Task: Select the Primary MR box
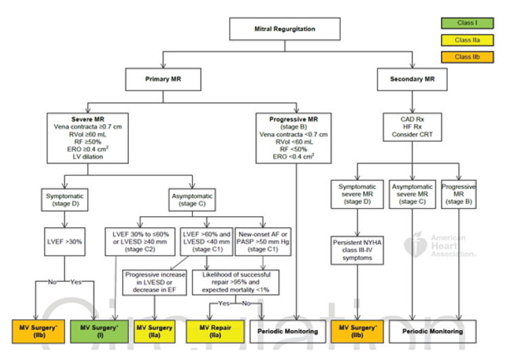tap(162, 79)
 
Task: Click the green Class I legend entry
tap(466, 24)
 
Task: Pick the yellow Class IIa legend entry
tap(466, 41)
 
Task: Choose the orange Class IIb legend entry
tap(466, 57)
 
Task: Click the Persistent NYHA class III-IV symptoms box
tap(357, 249)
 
